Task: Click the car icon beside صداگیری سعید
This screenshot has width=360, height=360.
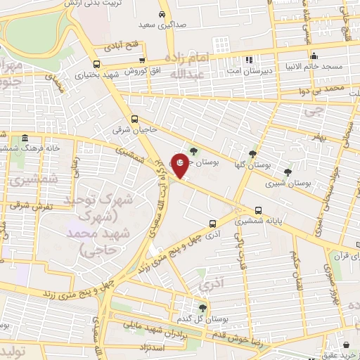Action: coord(162,14)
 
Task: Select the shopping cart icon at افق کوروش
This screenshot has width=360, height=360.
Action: coord(143,61)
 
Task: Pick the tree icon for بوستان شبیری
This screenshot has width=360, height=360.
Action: coord(287,171)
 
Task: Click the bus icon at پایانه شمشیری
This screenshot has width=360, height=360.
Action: coord(259,210)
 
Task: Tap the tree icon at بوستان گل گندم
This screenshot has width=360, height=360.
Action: coord(202,307)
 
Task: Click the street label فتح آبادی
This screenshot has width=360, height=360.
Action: coord(113,48)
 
